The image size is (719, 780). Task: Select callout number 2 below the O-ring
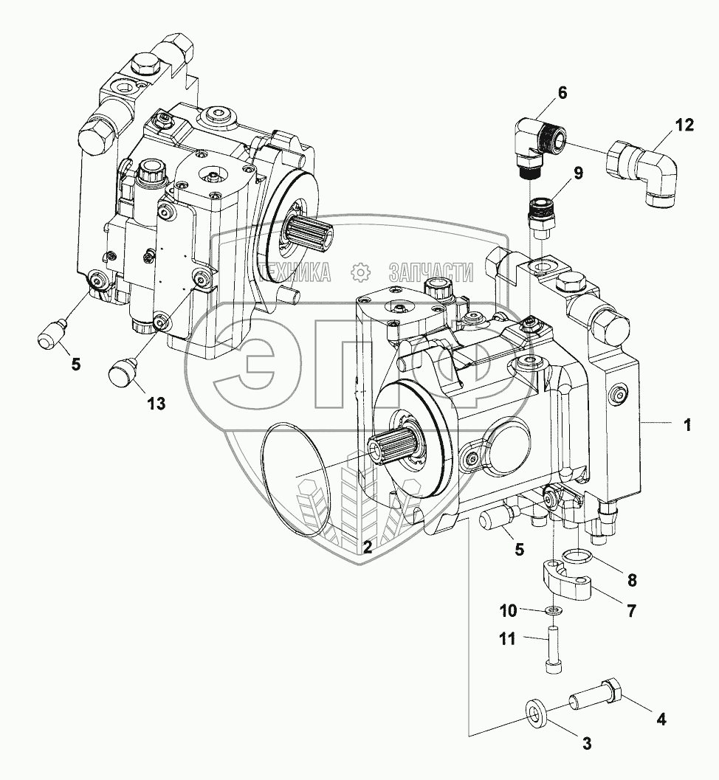coord(366,547)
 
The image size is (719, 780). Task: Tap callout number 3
coord(587,744)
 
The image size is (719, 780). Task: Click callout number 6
coord(563,93)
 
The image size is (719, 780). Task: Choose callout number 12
coord(684,125)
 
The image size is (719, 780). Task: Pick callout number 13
coord(155,403)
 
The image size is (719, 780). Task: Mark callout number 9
coord(578,174)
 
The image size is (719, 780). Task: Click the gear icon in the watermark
coord(360,273)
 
